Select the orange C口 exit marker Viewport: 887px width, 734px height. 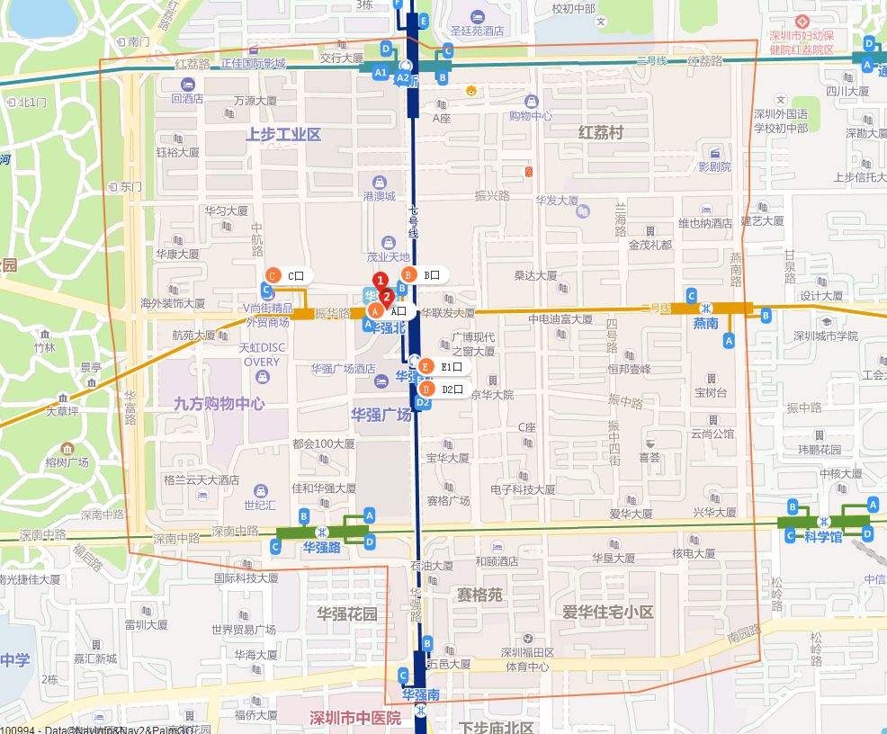274,276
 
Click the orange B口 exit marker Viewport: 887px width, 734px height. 408,274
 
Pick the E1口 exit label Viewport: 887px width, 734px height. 451,367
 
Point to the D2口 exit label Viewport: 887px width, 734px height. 452,389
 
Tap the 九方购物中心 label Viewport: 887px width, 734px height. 220,404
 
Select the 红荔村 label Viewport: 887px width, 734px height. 601,132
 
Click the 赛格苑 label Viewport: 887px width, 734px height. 480,595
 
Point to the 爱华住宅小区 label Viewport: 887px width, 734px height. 608,612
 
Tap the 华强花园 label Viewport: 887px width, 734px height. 347,613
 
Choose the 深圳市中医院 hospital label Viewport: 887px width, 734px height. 355,718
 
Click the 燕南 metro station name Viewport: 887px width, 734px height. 705,323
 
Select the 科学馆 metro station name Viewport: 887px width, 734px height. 822,537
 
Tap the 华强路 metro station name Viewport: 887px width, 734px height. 321,546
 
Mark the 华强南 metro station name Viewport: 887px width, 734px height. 420,694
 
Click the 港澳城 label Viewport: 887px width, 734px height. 379,195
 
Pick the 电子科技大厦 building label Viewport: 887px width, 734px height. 523,489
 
